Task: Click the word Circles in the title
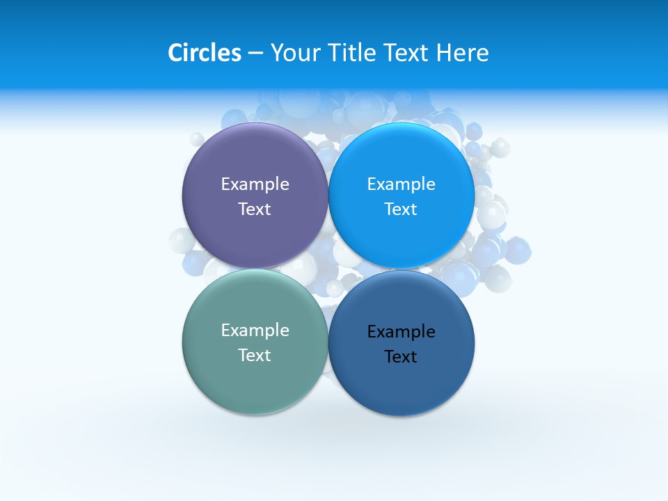click(204, 53)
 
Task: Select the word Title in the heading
click(352, 53)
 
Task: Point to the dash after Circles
click(255, 54)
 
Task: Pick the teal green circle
click(255, 376)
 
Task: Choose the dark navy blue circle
click(401, 379)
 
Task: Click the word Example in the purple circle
click(255, 184)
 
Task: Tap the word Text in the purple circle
click(255, 209)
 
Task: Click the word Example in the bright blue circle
click(401, 184)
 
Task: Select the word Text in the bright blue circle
click(401, 209)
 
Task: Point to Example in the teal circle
click(255, 330)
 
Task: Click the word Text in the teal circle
click(255, 355)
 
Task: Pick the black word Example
click(401, 331)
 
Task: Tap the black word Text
click(401, 356)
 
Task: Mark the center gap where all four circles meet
click(328, 269)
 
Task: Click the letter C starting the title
click(175, 53)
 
